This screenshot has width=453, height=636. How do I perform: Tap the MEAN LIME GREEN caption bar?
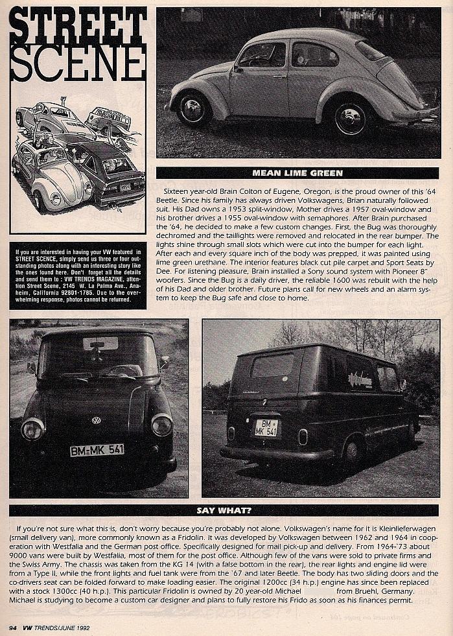click(297, 173)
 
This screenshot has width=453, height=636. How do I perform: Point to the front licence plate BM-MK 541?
click(97, 450)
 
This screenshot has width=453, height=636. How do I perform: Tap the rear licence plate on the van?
click(266, 427)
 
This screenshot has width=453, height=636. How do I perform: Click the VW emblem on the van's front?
click(96, 420)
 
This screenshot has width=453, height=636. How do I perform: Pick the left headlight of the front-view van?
click(32, 428)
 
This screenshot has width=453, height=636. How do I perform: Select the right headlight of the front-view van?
click(162, 425)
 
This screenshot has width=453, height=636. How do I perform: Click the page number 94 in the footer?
click(13, 628)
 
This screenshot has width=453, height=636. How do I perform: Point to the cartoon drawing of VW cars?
click(77, 156)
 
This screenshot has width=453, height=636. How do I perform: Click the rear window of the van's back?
click(272, 366)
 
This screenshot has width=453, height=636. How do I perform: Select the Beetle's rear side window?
click(314, 54)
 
